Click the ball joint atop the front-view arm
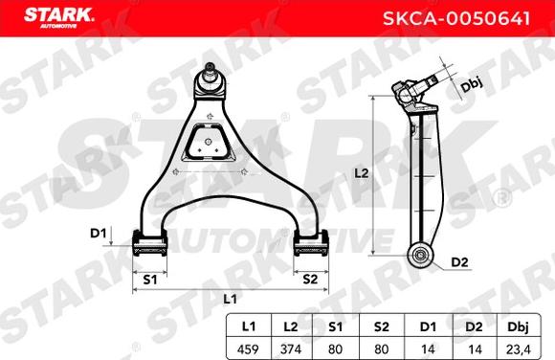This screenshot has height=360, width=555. pos(210,78)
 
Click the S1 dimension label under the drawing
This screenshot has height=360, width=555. pos(150,280)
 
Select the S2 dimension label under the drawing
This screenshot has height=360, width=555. pos(309,280)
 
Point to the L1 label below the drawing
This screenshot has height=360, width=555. pos(229,300)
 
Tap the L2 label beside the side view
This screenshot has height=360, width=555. pos(361,174)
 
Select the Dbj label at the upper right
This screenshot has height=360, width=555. pos(470,86)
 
